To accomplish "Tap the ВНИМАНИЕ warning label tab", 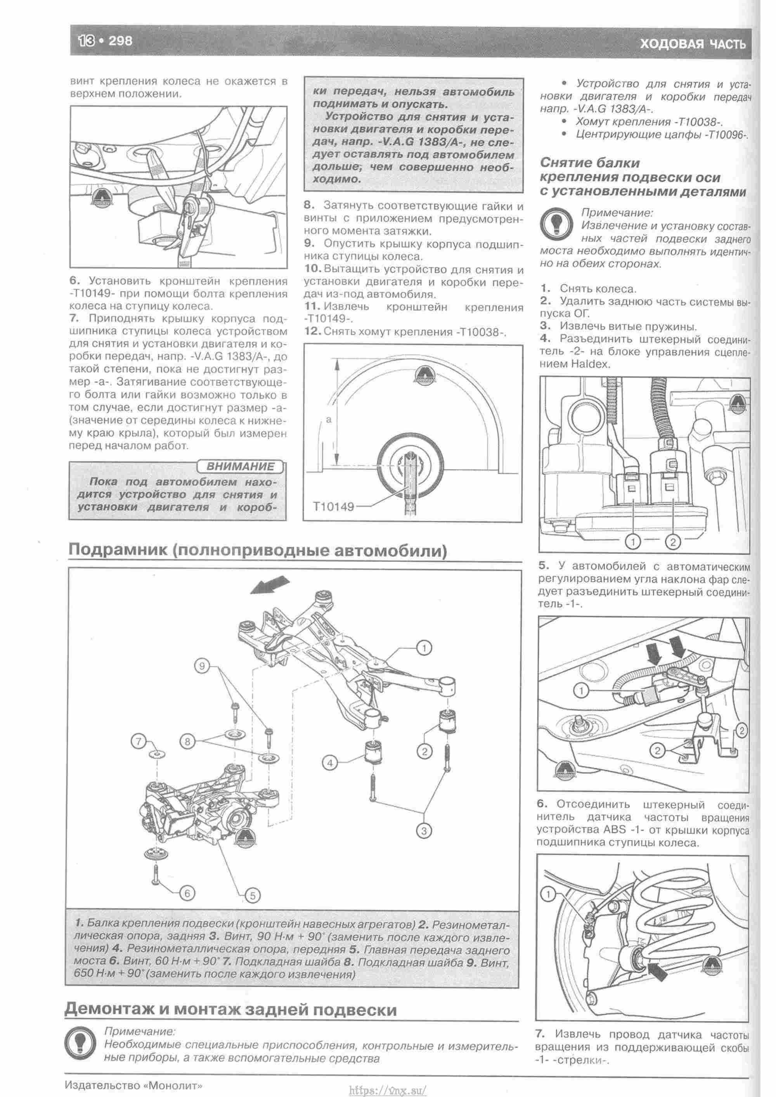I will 240,466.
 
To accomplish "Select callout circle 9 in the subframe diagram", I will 202,667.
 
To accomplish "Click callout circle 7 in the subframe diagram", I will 139,742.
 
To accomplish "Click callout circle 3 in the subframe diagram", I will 423,830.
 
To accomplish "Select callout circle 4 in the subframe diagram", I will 330,763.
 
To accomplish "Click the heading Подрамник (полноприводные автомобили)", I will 258,551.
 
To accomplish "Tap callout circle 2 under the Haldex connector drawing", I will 672,542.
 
